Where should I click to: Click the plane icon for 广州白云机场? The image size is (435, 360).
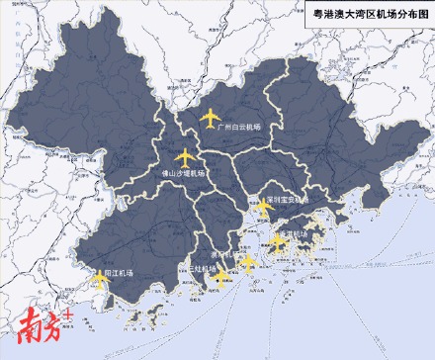[211, 119]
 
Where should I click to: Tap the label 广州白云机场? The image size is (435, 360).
[241, 127]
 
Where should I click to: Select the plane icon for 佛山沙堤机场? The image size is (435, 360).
[185, 157]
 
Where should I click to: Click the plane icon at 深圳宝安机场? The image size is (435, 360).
[263, 208]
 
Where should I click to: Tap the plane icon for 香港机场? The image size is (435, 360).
[280, 240]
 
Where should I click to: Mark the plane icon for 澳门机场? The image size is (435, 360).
[248, 264]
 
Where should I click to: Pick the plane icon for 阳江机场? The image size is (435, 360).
[99, 278]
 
